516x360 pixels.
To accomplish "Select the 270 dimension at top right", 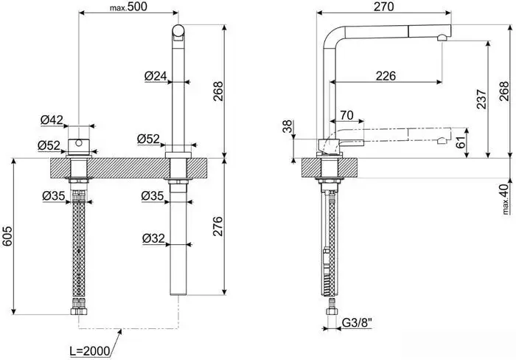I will pos(384,7).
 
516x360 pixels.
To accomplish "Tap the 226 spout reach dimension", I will pos(386,75).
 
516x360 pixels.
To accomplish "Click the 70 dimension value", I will pos(347,116).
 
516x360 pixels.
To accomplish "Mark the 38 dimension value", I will pos(286,128).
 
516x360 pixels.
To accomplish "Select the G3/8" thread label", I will pos(357,322).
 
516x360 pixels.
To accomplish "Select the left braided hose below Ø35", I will pos(77,251).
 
